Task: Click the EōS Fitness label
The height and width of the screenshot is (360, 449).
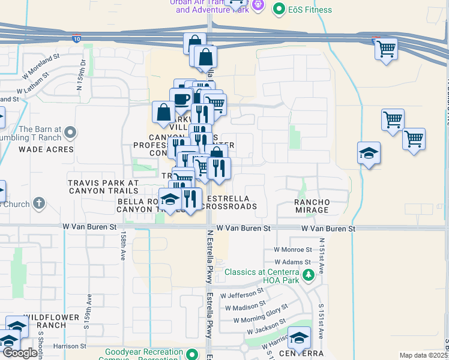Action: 310,10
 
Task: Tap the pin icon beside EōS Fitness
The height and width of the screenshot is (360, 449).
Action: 279,9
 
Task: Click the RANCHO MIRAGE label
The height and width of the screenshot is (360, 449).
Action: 312,206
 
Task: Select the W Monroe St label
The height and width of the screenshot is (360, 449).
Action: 293,249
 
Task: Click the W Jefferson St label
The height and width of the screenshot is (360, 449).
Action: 242,294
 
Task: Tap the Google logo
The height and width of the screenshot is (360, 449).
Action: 19,353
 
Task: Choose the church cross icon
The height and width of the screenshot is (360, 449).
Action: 40,203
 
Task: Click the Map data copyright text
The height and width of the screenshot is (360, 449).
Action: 424,355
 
